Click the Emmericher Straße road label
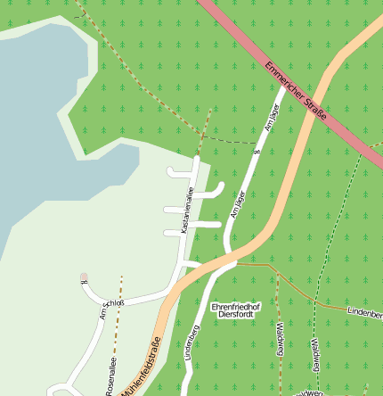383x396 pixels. click(295, 92)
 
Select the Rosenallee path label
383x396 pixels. click(111, 375)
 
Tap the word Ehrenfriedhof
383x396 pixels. click(235, 306)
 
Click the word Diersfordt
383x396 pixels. click(235, 315)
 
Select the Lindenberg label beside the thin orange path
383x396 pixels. click(366, 314)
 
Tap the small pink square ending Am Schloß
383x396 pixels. click(85, 276)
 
